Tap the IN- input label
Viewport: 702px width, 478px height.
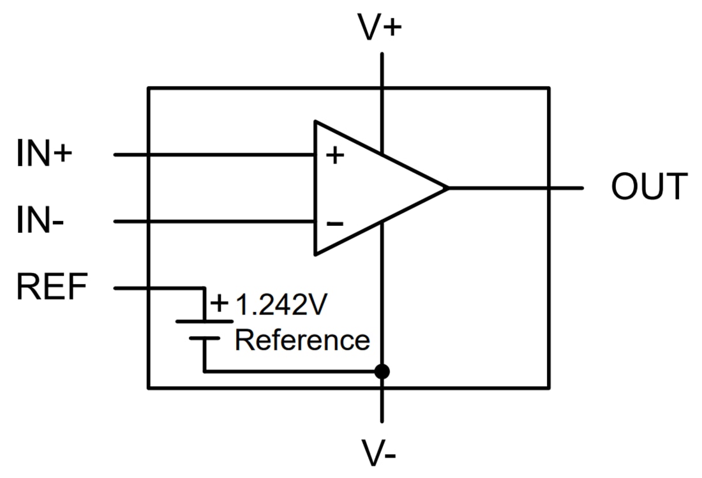pyautogui.click(x=42, y=222)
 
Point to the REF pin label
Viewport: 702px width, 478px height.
pyautogui.click(x=52, y=288)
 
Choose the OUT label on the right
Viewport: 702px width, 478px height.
pyautogui.click(x=649, y=188)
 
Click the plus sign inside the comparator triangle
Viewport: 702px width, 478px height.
pyautogui.click(x=335, y=155)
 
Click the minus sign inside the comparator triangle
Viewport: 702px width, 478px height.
pyautogui.click(x=335, y=223)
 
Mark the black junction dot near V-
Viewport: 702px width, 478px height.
pyautogui.click(x=382, y=371)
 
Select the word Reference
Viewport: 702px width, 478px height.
pyautogui.click(x=302, y=340)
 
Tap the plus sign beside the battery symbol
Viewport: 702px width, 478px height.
pyautogui.click(x=219, y=303)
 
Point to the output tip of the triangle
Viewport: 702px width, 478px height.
pyautogui.click(x=447, y=188)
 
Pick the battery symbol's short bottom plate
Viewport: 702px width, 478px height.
pyautogui.click(x=204, y=338)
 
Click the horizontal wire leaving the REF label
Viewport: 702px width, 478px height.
pyautogui.click(x=160, y=288)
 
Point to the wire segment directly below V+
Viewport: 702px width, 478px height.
pyautogui.click(x=382, y=70)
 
